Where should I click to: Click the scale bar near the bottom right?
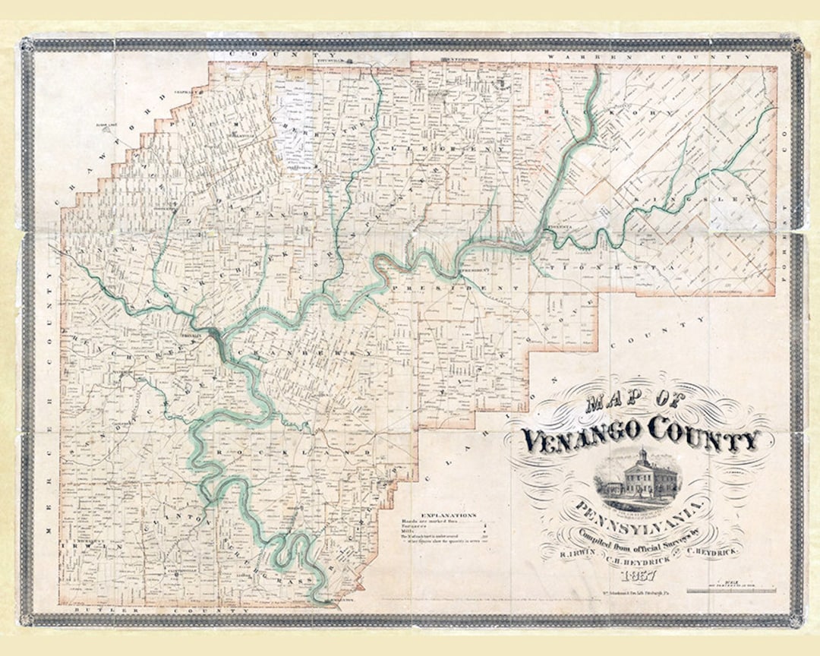pyautogui.click(x=727, y=590)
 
